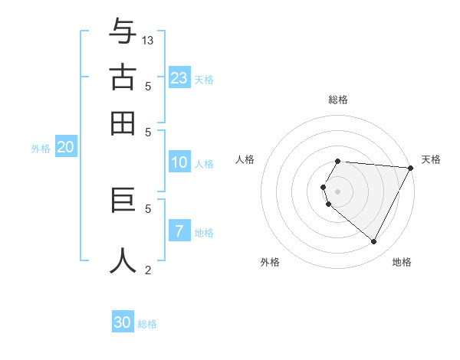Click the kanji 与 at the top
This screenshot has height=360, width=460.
(x=123, y=31)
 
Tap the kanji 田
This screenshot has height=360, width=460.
(x=123, y=123)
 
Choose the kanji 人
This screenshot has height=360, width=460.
(x=123, y=260)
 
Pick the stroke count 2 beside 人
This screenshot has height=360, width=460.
(x=148, y=270)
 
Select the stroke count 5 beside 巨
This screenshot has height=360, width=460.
(x=148, y=208)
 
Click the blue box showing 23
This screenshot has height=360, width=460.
(x=179, y=77)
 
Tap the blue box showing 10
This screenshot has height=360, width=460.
(x=179, y=162)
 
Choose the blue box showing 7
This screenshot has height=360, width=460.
(x=179, y=231)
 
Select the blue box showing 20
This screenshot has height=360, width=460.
(x=65, y=148)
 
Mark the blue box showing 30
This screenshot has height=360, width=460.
(x=123, y=322)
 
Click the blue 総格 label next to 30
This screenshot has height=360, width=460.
(x=148, y=324)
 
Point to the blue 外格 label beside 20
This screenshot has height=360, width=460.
(x=41, y=149)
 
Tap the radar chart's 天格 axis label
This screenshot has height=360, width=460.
(x=431, y=159)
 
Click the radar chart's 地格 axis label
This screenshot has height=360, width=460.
(x=402, y=262)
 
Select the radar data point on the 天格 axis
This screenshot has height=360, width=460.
(x=410, y=169)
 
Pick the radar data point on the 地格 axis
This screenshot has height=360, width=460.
(x=374, y=242)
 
